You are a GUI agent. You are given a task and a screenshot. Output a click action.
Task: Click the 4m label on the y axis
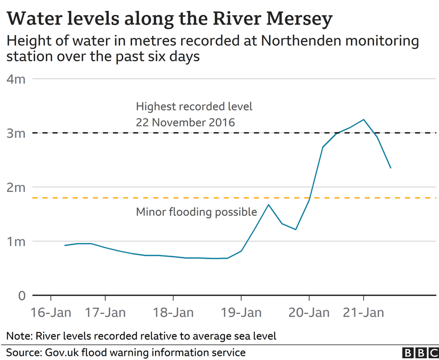[16, 79]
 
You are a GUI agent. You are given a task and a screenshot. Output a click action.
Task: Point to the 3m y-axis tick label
[16, 133]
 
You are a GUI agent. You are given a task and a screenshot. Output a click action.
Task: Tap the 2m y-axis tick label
[16, 187]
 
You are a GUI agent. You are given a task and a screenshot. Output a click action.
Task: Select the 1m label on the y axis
[16, 241]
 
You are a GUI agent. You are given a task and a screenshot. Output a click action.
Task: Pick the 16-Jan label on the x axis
[51, 312]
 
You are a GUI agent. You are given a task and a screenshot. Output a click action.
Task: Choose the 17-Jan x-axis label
[105, 312]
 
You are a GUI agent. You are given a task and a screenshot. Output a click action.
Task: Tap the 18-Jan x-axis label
[173, 312]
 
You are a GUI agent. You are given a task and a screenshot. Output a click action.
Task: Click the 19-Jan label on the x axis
[241, 312]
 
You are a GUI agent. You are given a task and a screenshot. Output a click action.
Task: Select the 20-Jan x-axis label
[309, 312]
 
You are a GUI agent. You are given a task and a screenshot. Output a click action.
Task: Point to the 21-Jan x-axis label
[363, 312]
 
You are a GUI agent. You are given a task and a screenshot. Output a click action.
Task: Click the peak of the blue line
[363, 120]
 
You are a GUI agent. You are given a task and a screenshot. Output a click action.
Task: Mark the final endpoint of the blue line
[390, 168]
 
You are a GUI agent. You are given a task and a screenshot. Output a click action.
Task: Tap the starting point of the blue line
[65, 245]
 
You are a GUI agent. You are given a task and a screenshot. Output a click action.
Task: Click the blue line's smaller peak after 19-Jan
[269, 205]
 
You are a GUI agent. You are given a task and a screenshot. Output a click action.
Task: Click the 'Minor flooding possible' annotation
[196, 211]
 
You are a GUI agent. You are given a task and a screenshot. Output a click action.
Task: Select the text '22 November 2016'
[185, 122]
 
